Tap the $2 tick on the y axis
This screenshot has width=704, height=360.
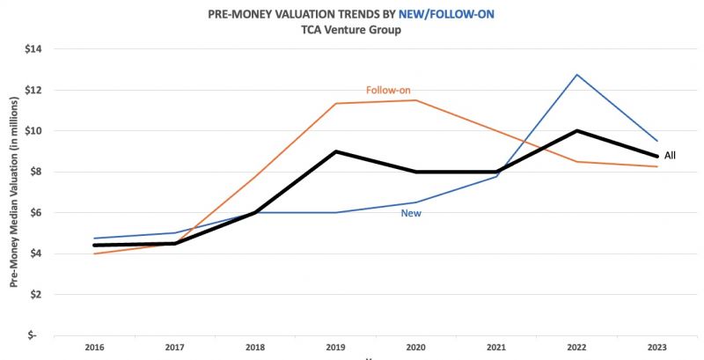[x=36, y=295]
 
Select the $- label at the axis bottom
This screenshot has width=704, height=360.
[x=36, y=335]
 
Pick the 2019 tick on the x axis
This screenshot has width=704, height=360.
[x=334, y=348]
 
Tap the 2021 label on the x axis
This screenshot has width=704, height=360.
[x=496, y=348]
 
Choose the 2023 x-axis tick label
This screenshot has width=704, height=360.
[x=657, y=348]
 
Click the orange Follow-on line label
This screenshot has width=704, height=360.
[x=388, y=90]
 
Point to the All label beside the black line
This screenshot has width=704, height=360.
[x=671, y=156]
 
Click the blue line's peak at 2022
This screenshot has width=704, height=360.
[x=577, y=75]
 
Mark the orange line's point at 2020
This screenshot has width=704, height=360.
[x=415, y=99]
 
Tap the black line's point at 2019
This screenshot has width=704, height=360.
[x=334, y=151]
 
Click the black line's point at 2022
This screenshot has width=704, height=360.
[x=577, y=131]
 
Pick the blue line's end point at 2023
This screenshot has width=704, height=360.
[x=657, y=141]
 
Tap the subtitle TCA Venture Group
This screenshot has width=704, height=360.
[x=351, y=30]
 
